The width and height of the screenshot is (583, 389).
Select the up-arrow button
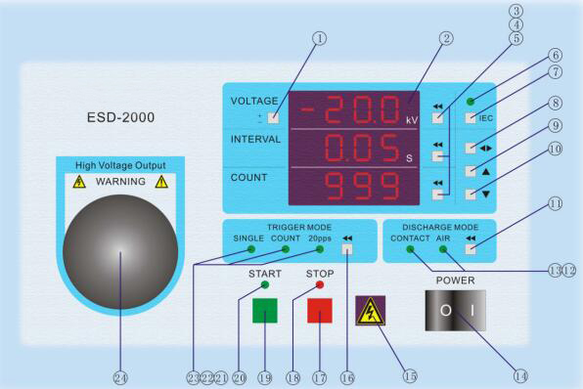point(471,170)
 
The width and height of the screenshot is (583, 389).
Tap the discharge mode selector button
point(472,249)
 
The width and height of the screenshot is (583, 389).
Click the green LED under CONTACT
point(411,250)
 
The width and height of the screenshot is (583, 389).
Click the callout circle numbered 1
point(319,39)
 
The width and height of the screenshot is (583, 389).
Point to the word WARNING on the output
point(120,182)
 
